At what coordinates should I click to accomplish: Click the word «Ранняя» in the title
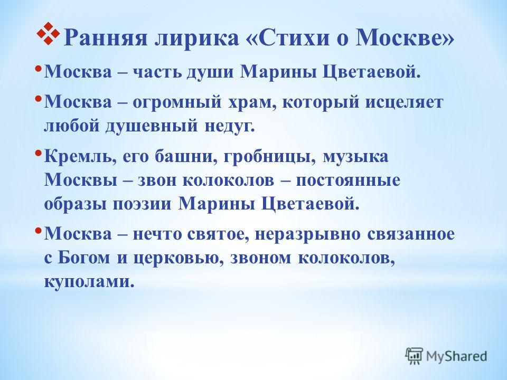[x=106, y=38]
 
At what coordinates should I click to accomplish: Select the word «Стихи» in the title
[x=290, y=38]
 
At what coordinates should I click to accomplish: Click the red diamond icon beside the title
[x=48, y=33]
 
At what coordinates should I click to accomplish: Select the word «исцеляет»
[x=405, y=102]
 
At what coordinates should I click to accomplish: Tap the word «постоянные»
[x=348, y=180]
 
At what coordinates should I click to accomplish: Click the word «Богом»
[x=83, y=258]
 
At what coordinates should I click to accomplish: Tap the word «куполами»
[x=89, y=282]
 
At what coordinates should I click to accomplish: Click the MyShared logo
[x=446, y=356]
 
